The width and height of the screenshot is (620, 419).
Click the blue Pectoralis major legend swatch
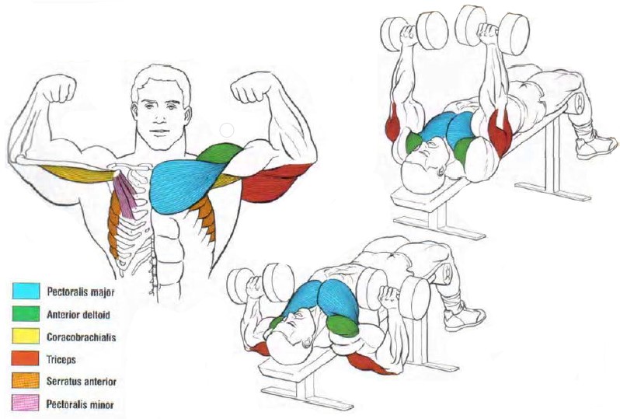point(26,291)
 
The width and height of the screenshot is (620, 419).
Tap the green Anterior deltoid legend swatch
point(26,314)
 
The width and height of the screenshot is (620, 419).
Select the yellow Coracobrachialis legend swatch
point(26,337)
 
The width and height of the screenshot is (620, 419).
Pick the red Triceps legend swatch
point(26,358)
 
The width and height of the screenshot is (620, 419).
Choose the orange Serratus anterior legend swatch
point(26,381)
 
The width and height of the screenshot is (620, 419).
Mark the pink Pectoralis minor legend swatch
point(26,403)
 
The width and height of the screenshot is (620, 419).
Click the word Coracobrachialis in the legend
point(82,337)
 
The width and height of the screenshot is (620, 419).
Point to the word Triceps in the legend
point(61,360)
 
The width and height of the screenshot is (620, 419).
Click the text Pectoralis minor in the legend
point(80,404)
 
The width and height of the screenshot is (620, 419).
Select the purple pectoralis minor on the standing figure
point(127,196)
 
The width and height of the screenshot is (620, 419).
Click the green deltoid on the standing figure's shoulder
point(220,153)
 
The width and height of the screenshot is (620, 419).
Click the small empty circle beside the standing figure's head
point(227,130)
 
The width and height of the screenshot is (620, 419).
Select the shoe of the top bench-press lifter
point(595,145)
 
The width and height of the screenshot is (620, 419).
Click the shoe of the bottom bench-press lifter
point(465,318)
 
